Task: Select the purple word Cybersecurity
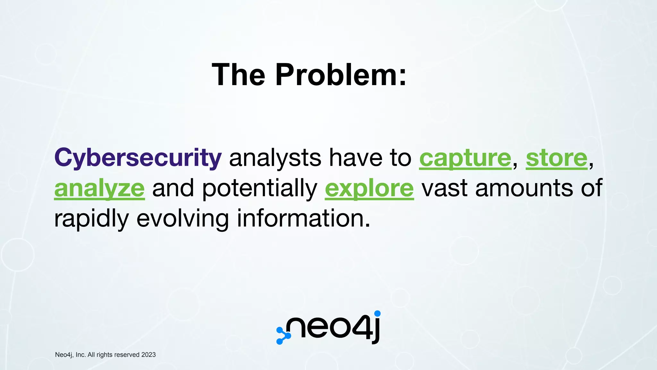(138, 158)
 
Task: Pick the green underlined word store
(557, 158)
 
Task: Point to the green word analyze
(99, 189)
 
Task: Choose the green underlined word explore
(369, 189)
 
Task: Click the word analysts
(275, 158)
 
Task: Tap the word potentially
(260, 189)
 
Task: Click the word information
(303, 218)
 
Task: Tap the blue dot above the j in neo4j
(378, 313)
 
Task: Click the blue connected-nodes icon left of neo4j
(283, 336)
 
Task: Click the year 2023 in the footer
(149, 355)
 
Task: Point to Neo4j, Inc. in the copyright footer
(70, 355)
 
